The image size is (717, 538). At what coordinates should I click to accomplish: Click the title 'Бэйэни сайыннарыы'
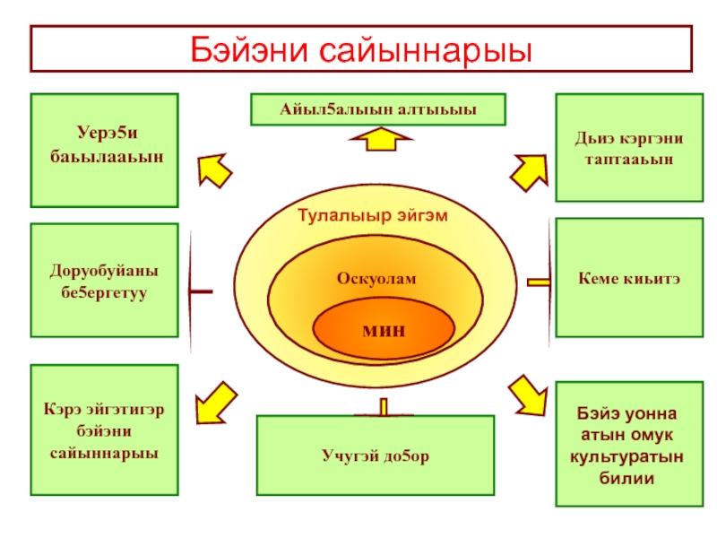pyautogui.click(x=361, y=48)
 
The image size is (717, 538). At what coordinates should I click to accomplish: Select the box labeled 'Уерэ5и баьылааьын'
pyautogui.click(x=104, y=150)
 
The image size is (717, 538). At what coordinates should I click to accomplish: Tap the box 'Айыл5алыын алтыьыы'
pyautogui.click(x=376, y=109)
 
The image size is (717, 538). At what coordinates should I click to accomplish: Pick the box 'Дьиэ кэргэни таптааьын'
pyautogui.click(x=629, y=148)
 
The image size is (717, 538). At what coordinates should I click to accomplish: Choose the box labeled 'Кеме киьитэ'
pyautogui.click(x=629, y=279)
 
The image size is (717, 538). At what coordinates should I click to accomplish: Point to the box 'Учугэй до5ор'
pyautogui.click(x=376, y=456)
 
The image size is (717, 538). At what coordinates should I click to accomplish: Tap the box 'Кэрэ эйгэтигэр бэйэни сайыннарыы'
pyautogui.click(x=104, y=430)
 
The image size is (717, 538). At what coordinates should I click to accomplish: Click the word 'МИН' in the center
pyautogui.click(x=384, y=329)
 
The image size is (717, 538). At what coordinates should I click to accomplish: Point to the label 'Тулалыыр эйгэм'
pyautogui.click(x=373, y=215)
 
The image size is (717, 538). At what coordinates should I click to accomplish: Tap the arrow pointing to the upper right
pyautogui.click(x=529, y=167)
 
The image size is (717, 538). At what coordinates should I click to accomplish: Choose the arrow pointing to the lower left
pyautogui.click(x=212, y=403)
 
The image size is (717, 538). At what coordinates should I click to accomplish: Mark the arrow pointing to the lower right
pyautogui.click(x=527, y=396)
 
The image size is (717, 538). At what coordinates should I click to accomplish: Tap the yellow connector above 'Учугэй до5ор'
pyautogui.click(x=384, y=408)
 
